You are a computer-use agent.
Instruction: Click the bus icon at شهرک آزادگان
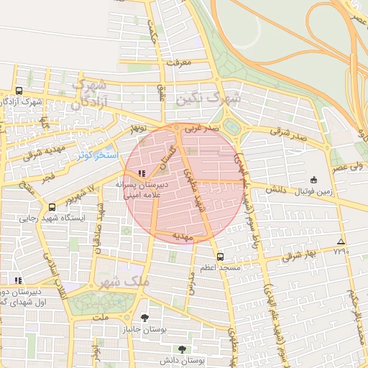[x=19, y=91]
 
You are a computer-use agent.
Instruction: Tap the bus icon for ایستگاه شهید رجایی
[x=51, y=207]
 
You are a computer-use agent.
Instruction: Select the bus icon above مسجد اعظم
[x=220, y=256]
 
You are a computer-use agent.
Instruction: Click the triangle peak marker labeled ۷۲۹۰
[x=341, y=241]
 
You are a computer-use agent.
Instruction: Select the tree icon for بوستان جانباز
[x=144, y=317]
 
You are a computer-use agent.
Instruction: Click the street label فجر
[x=47, y=175]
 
